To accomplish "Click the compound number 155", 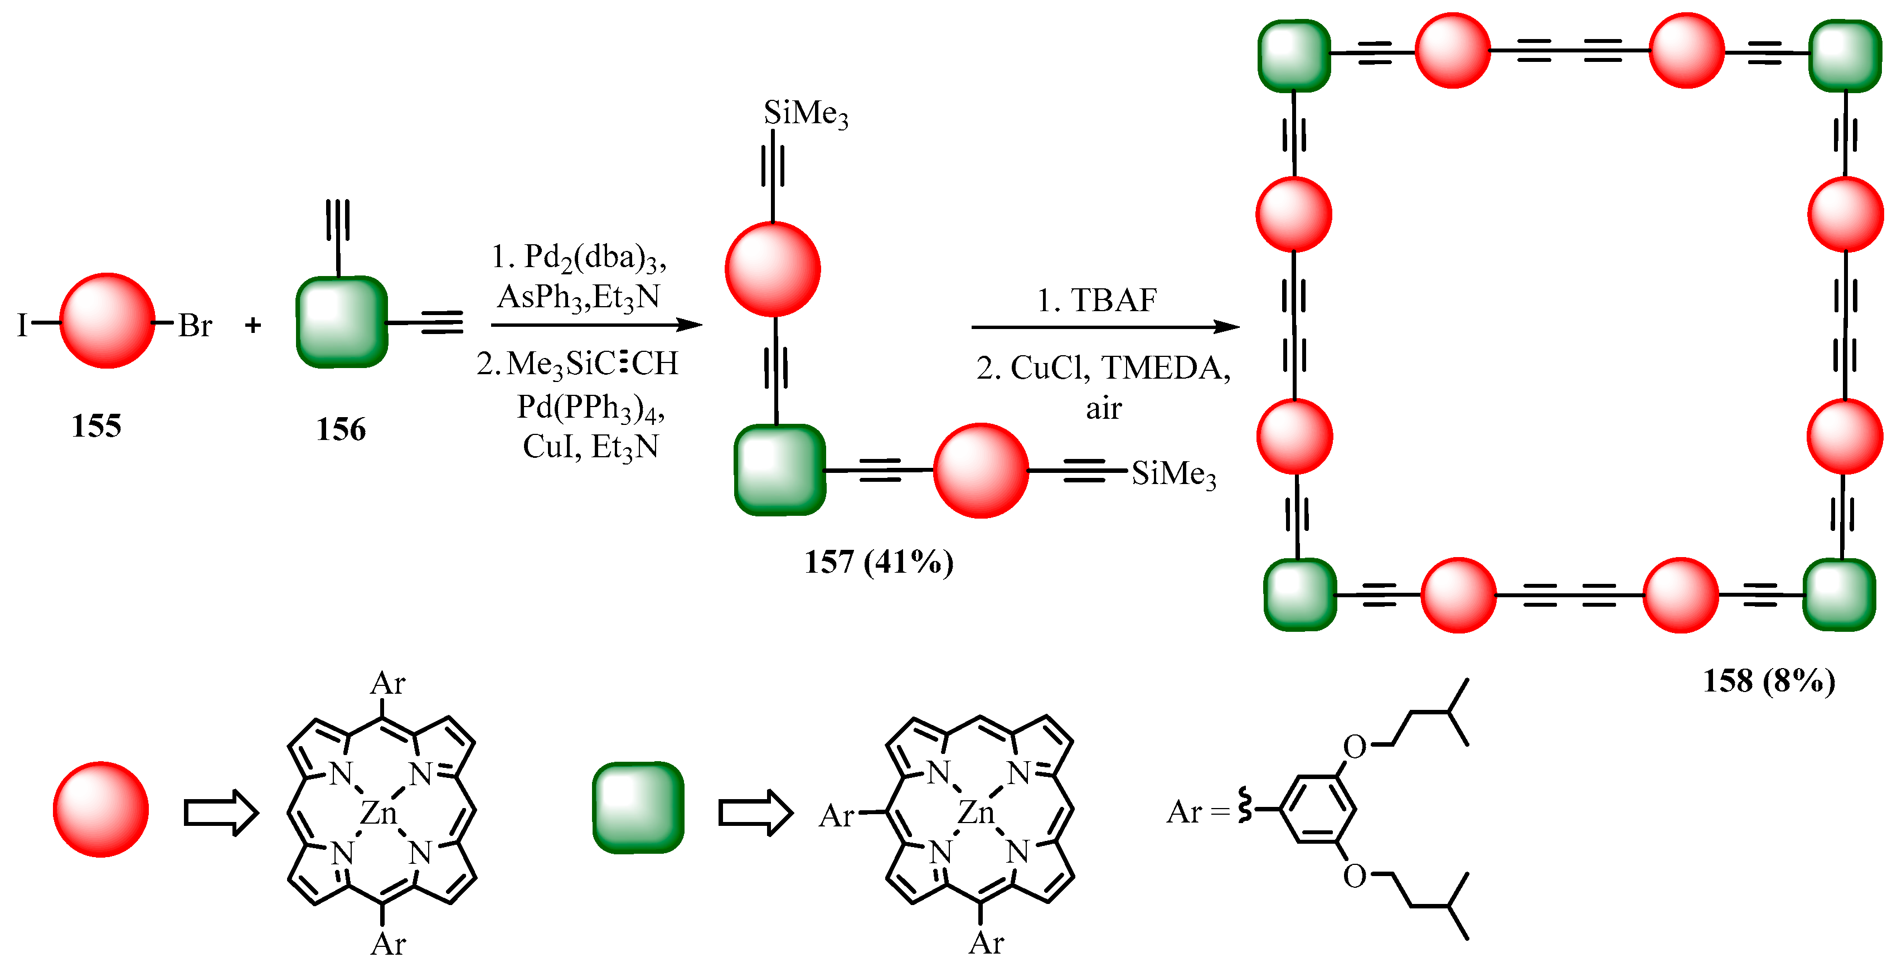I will (96, 426).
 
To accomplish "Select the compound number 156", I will (341, 429).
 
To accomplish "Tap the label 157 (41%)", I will (878, 563).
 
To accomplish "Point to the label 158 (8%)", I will (1768, 681).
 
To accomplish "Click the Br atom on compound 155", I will (195, 326).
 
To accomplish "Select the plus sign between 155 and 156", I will (253, 325).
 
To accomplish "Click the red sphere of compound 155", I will (107, 321).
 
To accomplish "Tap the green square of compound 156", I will (341, 322).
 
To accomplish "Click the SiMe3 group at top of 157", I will (806, 114).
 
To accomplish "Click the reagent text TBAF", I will (1113, 301).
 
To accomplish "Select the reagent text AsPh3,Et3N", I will (578, 297).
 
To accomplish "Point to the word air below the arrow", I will (1103, 408).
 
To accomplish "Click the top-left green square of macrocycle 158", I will (1294, 55).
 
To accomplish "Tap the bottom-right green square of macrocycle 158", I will (1839, 595).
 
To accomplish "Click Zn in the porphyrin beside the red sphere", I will (378, 813).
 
